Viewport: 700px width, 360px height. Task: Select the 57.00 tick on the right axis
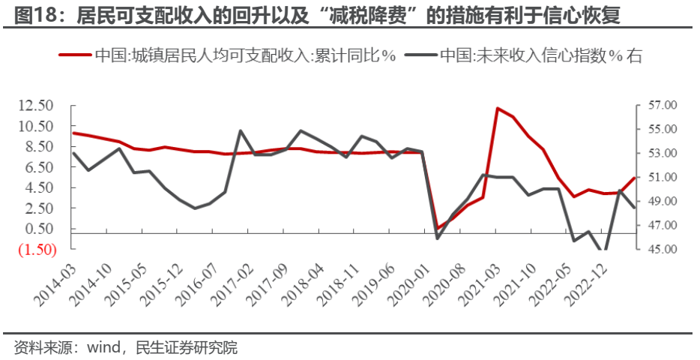click(x=660, y=106)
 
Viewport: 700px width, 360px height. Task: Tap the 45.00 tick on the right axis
click(x=660, y=250)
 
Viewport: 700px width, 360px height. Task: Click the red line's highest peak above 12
click(x=498, y=108)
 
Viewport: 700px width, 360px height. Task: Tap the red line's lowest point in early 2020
click(x=438, y=228)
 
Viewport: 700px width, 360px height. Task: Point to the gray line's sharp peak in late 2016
click(x=241, y=131)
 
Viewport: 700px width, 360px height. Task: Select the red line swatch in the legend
click(x=75, y=55)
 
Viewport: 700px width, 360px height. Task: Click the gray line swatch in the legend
click(x=420, y=55)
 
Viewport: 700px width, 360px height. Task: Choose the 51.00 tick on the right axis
click(x=660, y=178)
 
